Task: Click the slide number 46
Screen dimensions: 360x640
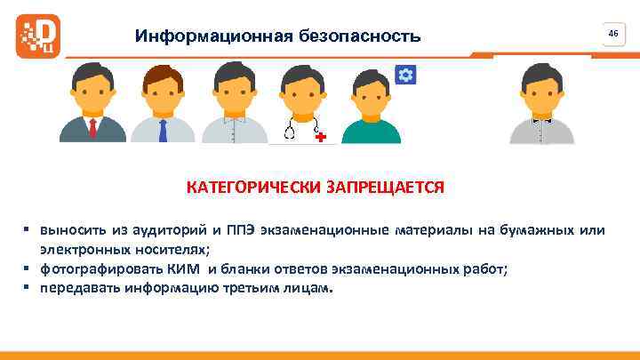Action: tap(612, 33)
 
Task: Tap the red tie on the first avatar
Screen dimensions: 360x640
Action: tap(92, 128)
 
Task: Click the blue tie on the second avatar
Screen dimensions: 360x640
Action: tap(163, 130)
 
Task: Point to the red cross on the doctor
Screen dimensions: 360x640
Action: tap(320, 137)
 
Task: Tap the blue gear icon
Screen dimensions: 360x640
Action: tap(405, 74)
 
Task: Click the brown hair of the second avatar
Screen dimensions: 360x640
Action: tap(164, 71)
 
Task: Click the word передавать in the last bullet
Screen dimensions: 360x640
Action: tap(77, 290)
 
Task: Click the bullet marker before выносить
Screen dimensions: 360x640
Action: tap(28, 231)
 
